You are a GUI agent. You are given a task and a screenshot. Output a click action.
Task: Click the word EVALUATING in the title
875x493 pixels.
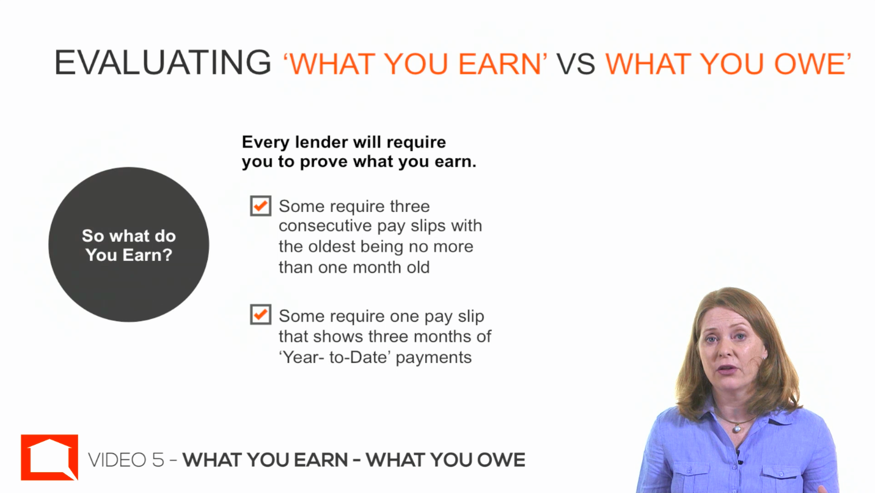click(x=163, y=62)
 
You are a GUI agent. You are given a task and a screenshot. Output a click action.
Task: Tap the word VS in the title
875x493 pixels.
click(x=576, y=64)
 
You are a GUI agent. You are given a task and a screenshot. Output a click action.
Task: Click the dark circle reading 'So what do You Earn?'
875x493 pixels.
click(x=129, y=244)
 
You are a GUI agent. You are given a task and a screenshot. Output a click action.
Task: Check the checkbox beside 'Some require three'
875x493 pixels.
click(x=260, y=205)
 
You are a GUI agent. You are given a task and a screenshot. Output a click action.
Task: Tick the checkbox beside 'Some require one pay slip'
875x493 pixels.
click(x=260, y=315)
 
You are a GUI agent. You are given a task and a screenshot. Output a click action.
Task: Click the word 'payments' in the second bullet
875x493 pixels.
click(x=434, y=358)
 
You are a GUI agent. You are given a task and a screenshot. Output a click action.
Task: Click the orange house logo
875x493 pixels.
click(x=49, y=458)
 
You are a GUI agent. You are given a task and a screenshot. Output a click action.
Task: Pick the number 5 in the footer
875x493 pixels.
click(x=158, y=460)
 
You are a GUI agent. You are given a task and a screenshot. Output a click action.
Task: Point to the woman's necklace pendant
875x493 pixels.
click(x=737, y=429)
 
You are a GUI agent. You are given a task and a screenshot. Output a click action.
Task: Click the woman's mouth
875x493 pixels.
click(x=727, y=369)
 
